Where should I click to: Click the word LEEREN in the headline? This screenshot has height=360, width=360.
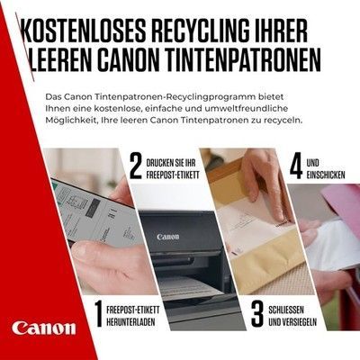pyautogui.click(x=60, y=60)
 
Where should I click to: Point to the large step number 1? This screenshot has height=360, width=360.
pyautogui.click(x=98, y=314)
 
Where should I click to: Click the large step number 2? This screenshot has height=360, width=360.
pyautogui.click(x=135, y=166)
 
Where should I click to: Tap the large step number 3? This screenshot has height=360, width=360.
pyautogui.click(x=257, y=314)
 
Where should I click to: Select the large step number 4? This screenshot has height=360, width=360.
pyautogui.click(x=296, y=166)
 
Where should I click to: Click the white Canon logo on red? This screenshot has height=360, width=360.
pyautogui.click(x=44, y=328)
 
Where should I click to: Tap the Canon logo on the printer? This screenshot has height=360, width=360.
pyautogui.click(x=168, y=237)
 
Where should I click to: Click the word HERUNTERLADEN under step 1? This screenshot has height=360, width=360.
pyautogui.click(x=130, y=321)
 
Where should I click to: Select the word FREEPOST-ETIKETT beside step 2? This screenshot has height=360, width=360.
pyautogui.click(x=173, y=175)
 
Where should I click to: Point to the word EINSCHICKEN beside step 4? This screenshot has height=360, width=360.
pyautogui.click(x=326, y=175)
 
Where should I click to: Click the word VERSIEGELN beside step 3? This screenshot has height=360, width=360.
pyautogui.click(x=300, y=322)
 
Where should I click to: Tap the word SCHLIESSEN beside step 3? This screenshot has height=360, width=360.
pyautogui.click(x=286, y=310)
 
